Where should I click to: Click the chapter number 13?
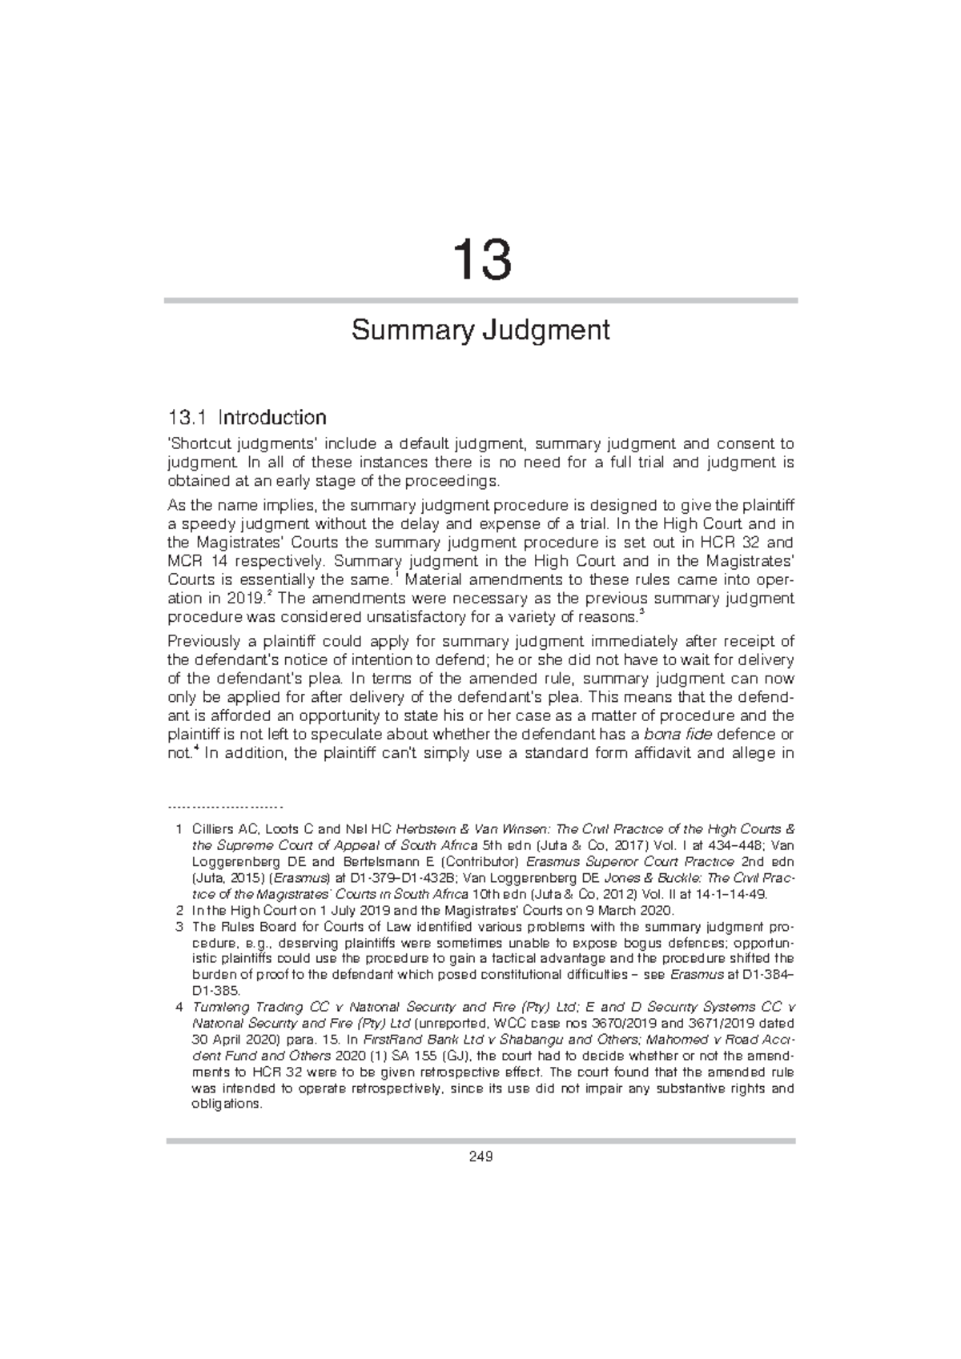click(x=480, y=260)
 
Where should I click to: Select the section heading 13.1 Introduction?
click(x=247, y=417)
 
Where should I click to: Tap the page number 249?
click(x=480, y=1157)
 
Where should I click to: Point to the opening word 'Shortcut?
click(x=195, y=443)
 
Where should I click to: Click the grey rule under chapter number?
click(x=480, y=300)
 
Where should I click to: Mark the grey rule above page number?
click(x=480, y=1141)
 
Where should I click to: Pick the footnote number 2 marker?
click(x=178, y=911)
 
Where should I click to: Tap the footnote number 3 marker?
click(x=178, y=927)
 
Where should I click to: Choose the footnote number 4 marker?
click(x=178, y=1007)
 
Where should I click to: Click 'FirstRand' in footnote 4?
click(x=392, y=1040)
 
